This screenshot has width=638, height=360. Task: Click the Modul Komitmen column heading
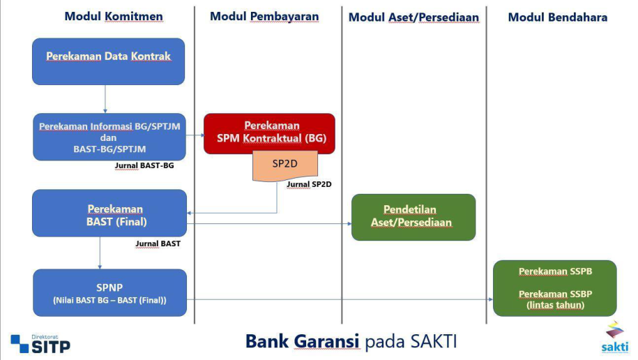click(x=114, y=16)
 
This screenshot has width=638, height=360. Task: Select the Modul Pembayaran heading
click(x=264, y=16)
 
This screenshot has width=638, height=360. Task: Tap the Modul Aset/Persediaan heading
click(x=413, y=17)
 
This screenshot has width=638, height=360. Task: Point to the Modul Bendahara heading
click(x=557, y=17)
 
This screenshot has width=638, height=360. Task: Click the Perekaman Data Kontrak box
click(x=108, y=61)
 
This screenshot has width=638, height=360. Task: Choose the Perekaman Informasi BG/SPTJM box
click(x=109, y=137)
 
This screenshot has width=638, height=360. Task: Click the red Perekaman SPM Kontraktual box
click(x=269, y=133)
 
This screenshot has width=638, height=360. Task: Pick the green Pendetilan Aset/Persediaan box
click(x=413, y=216)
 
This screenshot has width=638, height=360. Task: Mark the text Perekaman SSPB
click(x=555, y=271)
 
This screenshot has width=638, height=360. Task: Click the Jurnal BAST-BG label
click(x=144, y=166)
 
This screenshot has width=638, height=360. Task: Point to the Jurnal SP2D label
click(x=309, y=184)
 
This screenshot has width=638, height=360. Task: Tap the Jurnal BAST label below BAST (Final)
click(x=158, y=243)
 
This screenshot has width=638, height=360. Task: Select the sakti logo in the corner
click(x=614, y=337)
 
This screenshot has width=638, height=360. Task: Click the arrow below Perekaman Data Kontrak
click(x=105, y=98)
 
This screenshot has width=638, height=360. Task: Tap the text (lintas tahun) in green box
click(x=555, y=305)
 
